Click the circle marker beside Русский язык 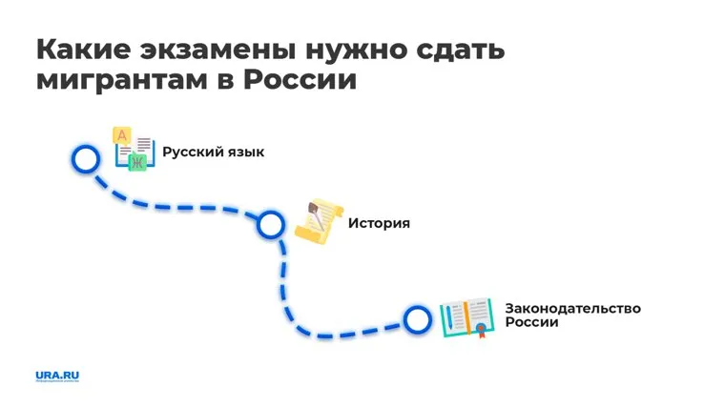point(86,158)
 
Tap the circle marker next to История point(271,224)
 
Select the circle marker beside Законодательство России point(417,319)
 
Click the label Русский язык point(214,153)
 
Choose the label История point(379,223)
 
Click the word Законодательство point(572,308)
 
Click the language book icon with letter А point(134,150)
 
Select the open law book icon point(466,317)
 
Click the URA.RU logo point(57,375)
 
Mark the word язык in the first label point(244,153)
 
